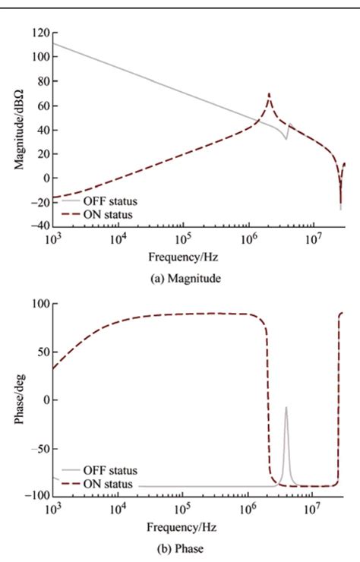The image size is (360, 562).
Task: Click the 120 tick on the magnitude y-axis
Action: (39, 33)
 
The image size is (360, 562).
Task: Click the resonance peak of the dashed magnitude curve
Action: (269, 94)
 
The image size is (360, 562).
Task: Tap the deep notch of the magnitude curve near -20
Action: (340, 205)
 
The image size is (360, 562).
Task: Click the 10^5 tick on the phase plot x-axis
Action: (182, 507)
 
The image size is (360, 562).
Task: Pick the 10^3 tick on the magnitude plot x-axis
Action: (52, 238)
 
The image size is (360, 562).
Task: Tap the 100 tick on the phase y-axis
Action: (38, 303)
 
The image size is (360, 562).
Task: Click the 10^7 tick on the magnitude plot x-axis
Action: (312, 238)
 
